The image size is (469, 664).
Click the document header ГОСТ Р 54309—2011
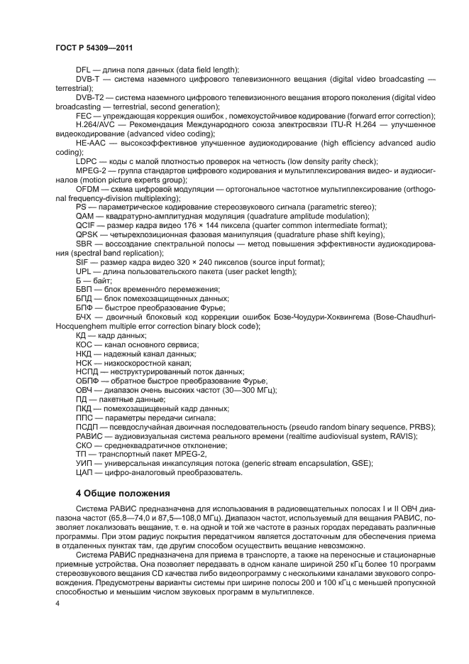[95, 48]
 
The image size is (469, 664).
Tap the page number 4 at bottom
[57, 603]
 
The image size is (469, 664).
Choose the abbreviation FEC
[84, 115]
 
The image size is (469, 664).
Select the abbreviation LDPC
[87, 161]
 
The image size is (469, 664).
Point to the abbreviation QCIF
[85, 225]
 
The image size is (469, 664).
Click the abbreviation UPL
[84, 271]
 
